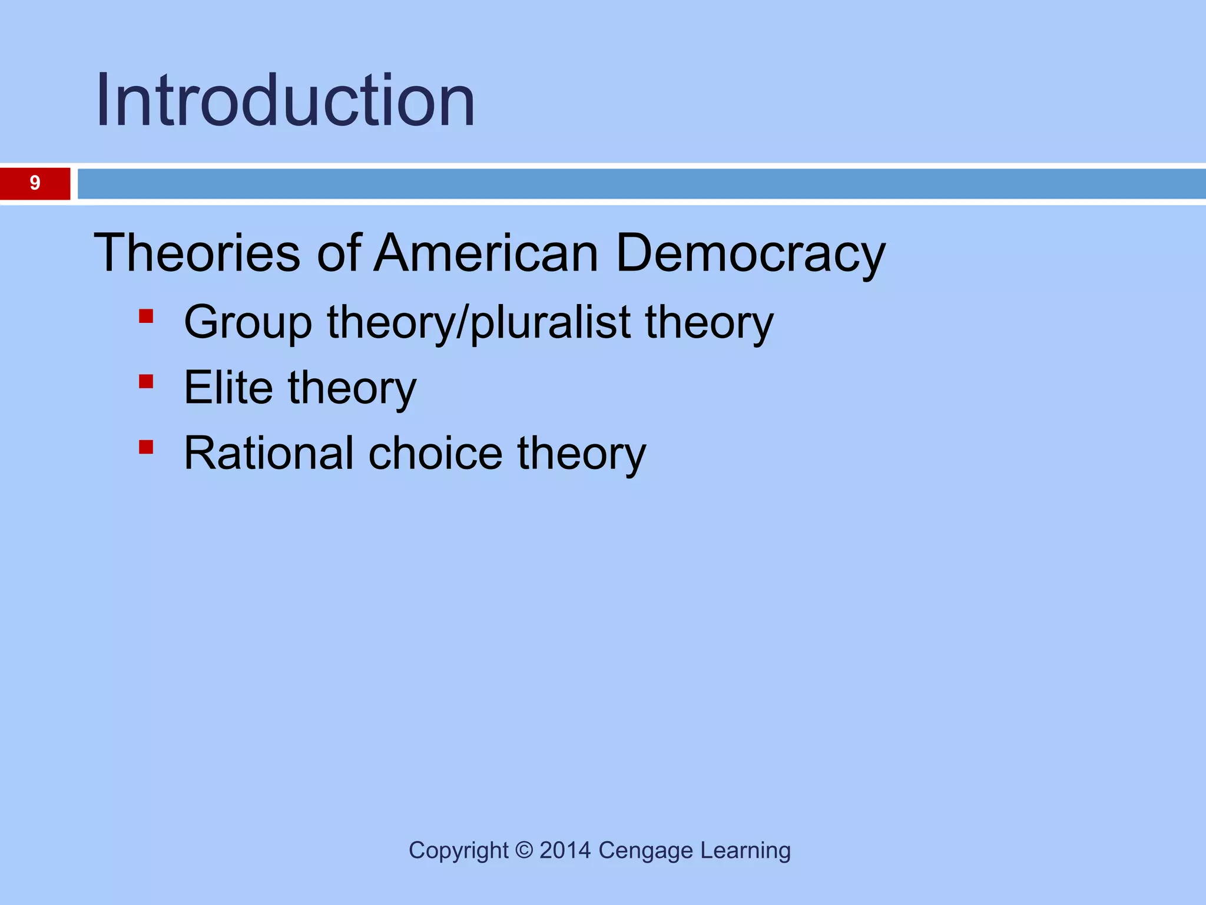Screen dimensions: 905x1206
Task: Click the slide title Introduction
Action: [x=285, y=100]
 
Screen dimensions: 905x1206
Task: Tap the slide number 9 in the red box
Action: [x=35, y=183]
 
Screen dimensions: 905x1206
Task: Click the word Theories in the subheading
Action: [x=197, y=253]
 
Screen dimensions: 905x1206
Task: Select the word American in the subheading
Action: [x=486, y=253]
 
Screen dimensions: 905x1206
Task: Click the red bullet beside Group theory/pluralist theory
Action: [x=146, y=317]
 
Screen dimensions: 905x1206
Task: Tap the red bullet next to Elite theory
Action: [x=146, y=382]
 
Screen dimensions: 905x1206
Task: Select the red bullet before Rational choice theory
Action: [x=146, y=447]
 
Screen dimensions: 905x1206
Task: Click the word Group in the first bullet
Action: [x=247, y=323]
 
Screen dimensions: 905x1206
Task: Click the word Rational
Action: [x=269, y=453]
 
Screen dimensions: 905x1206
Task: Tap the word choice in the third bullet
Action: [x=436, y=453]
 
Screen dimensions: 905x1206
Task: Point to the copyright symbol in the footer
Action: [x=524, y=851]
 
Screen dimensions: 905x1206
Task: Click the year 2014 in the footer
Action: [x=565, y=851]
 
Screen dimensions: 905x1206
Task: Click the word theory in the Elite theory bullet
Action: [x=352, y=389]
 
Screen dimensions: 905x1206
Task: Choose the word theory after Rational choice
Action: [x=581, y=454]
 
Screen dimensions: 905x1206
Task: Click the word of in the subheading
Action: [x=339, y=253]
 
